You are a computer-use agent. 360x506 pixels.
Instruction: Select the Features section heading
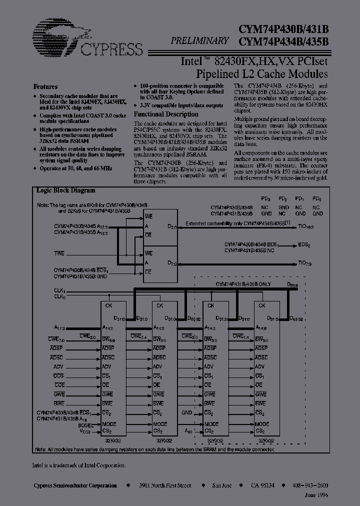pos(45,86)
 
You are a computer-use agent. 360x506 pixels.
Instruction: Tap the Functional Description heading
pos(163,114)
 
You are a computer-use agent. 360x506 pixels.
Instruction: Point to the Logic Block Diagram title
pos(65,190)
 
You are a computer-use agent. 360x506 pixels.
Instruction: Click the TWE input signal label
pos(59,253)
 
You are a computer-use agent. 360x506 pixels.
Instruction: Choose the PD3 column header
pos(266,199)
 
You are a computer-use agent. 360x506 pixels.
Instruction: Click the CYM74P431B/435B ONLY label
pos(243,283)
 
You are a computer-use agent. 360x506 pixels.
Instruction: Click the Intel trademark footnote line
pos(79,465)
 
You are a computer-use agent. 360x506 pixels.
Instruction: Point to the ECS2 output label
pos(303,244)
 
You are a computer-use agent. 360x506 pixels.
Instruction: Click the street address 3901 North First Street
pos(164,485)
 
